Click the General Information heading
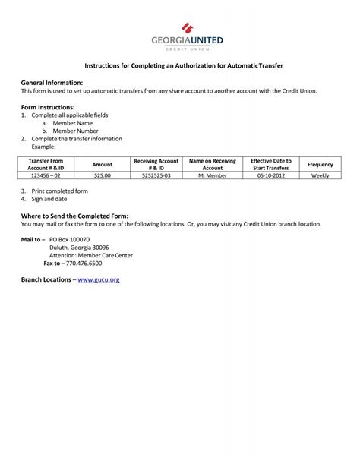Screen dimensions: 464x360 [52, 82]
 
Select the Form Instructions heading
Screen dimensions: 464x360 [48, 107]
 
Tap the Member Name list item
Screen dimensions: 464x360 [72, 123]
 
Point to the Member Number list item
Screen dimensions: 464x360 [75, 131]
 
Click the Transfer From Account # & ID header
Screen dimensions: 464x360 [46, 164]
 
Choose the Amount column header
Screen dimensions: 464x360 [103, 164]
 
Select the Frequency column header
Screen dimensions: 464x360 [320, 164]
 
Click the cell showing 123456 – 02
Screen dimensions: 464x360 [46, 175]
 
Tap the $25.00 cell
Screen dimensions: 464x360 [103, 175]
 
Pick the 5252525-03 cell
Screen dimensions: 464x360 [156, 175]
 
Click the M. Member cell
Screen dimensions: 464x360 [213, 175]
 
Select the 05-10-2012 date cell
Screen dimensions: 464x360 [271, 175]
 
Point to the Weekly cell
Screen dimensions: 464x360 [320, 175]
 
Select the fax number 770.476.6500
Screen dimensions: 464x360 [84, 264]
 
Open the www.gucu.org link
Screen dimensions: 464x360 [99, 280]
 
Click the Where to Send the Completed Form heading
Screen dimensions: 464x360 [74, 216]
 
